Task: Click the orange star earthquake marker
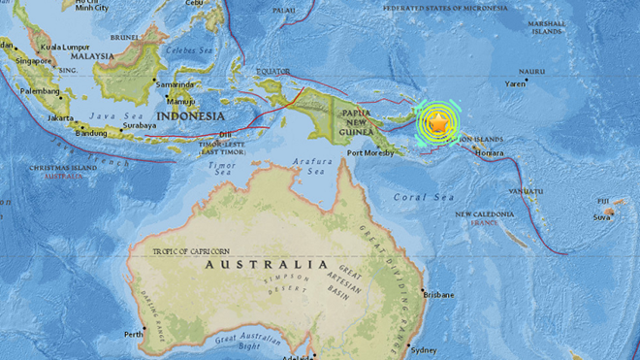438,123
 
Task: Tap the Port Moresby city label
369,152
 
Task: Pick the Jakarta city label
61,118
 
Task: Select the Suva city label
601,217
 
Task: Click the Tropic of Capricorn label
190,251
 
